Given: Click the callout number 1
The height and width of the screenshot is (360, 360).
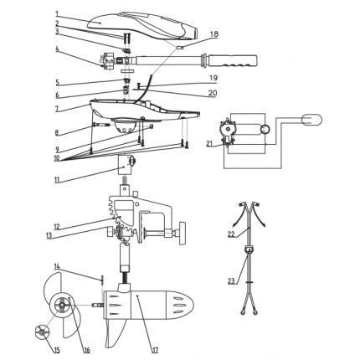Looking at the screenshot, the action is (57, 13).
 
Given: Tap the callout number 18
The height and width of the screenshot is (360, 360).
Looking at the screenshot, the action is (214, 34).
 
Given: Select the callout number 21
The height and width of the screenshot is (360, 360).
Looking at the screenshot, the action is (210, 144).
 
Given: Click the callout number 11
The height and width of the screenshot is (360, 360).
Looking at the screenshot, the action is (57, 179).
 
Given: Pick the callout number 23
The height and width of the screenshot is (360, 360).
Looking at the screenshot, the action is (231, 281).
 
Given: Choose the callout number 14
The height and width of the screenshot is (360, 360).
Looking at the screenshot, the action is (57, 267).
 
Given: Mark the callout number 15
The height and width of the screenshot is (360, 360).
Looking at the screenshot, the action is (57, 350).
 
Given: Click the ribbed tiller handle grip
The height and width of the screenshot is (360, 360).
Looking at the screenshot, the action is (233, 61).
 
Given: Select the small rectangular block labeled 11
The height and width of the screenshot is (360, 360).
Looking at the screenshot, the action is (124, 165).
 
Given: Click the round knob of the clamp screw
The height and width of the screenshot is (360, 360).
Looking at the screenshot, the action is (183, 233).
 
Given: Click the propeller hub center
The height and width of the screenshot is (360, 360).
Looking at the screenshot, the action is (61, 306).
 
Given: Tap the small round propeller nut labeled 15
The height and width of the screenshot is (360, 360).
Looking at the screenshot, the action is (41, 332).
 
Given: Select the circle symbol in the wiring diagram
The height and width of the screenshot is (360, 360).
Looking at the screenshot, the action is (265, 129).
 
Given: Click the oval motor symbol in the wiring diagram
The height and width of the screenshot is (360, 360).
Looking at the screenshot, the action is (311, 120).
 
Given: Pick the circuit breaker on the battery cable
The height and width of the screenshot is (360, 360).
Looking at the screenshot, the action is (248, 249).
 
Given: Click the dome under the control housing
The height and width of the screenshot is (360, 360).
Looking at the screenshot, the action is (124, 126).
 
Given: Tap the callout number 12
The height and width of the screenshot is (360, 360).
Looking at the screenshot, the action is (57, 227).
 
